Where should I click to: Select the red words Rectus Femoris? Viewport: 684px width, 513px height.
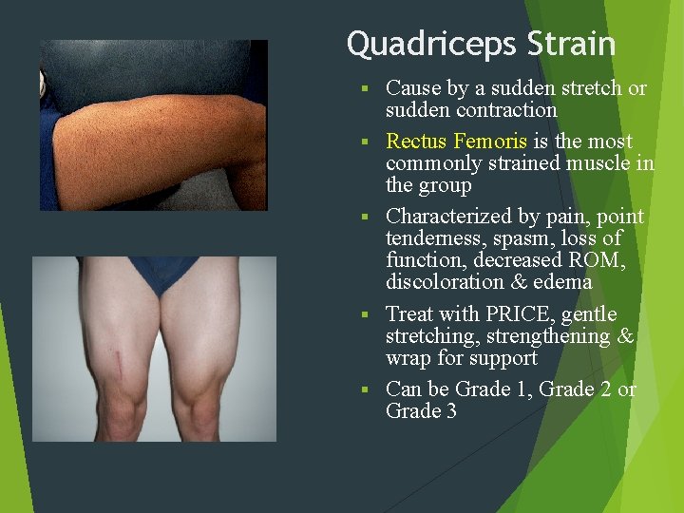click(x=457, y=142)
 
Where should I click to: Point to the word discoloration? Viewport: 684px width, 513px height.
click(x=443, y=282)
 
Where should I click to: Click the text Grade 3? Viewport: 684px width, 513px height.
click(x=421, y=411)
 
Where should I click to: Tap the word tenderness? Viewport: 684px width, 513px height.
click(x=432, y=238)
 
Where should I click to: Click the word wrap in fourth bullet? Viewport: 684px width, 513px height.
click(x=406, y=358)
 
